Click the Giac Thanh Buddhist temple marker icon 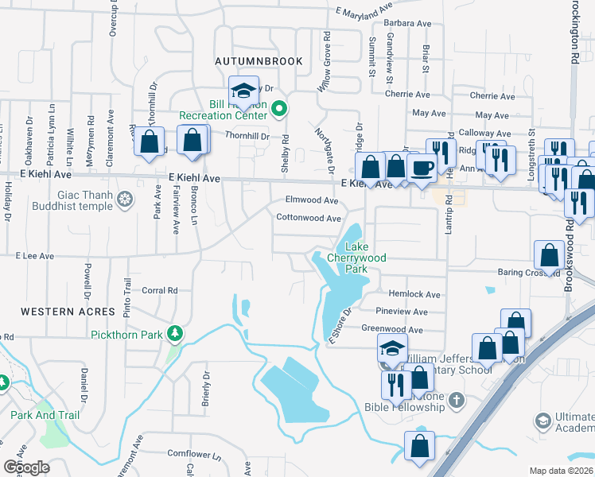pyautogui.click(x=125, y=198)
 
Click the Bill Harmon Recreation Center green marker pyautogui.click(x=278, y=109)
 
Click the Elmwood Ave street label pyautogui.click(x=313, y=200)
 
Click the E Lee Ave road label pyautogui.click(x=34, y=256)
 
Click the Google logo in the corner pyautogui.click(x=26, y=467)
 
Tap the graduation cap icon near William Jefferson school pyautogui.click(x=392, y=347)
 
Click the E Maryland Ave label pyautogui.click(x=364, y=10)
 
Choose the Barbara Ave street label pyautogui.click(x=409, y=24)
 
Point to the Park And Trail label pyautogui.click(x=45, y=415)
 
